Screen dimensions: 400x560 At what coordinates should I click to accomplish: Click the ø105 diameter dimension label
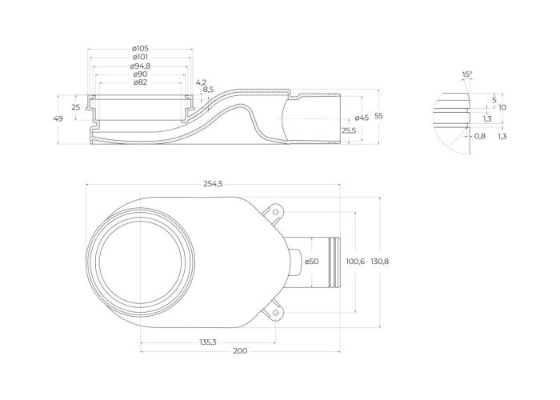[140, 48]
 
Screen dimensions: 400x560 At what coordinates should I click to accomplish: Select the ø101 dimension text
[140, 57]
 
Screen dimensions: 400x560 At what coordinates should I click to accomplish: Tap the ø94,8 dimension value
[140, 66]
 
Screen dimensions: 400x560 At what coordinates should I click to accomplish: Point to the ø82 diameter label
[140, 82]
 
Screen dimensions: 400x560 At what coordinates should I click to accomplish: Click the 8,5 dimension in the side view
[208, 90]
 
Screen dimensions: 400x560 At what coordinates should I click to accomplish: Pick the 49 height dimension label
[58, 118]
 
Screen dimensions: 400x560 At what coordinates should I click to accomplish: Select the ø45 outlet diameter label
[362, 118]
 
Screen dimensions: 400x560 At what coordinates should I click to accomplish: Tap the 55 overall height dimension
[379, 116]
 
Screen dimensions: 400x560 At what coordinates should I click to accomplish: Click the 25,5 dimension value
[349, 130]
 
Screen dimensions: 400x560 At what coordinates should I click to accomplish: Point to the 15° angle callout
[467, 74]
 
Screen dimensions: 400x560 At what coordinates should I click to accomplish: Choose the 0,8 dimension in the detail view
[480, 136]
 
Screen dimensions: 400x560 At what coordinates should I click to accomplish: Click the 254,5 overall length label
[214, 185]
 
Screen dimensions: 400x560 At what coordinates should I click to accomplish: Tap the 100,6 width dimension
[355, 262]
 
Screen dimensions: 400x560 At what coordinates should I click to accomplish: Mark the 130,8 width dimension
[380, 262]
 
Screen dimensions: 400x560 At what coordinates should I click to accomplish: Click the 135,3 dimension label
[208, 342]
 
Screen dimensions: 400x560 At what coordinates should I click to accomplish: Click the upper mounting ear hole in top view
[275, 212]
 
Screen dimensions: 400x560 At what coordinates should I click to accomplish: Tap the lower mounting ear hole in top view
[275, 311]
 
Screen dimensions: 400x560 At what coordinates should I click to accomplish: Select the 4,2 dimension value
[201, 82]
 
